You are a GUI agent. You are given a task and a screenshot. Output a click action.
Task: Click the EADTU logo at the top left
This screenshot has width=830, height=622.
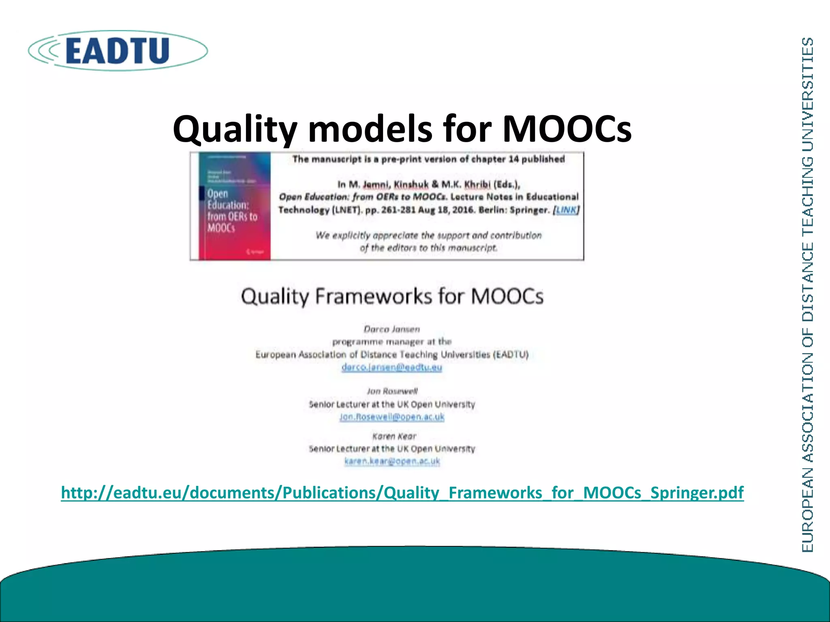pyautogui.click(x=118, y=51)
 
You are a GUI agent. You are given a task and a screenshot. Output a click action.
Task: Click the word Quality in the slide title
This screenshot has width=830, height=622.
pyautogui.click(x=235, y=129)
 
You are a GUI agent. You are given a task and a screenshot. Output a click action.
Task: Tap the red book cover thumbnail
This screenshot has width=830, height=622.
pyautogui.click(x=235, y=206)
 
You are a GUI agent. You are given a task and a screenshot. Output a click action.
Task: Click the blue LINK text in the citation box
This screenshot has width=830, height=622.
pyautogui.click(x=567, y=210)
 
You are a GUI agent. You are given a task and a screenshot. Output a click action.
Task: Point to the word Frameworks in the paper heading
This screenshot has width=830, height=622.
pyautogui.click(x=373, y=296)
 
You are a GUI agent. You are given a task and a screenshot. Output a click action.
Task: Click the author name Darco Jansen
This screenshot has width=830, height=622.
pyautogui.click(x=391, y=329)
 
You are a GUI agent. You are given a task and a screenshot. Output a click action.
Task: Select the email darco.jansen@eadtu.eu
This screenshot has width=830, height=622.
pyautogui.click(x=391, y=367)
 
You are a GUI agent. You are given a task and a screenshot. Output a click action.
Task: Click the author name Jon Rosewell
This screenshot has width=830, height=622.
pyautogui.click(x=392, y=391)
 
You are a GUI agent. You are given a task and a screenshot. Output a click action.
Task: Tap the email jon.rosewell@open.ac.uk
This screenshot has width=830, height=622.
pyautogui.click(x=392, y=417)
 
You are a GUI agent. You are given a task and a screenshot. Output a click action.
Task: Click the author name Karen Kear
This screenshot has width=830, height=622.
pyautogui.click(x=394, y=436)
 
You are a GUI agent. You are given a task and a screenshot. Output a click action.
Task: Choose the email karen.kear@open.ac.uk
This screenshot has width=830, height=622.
pyautogui.click(x=392, y=461)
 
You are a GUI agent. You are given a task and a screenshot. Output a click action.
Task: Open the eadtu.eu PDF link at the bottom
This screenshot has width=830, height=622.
pyautogui.click(x=402, y=492)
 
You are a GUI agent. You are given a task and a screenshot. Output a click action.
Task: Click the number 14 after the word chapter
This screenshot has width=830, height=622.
pyautogui.click(x=513, y=159)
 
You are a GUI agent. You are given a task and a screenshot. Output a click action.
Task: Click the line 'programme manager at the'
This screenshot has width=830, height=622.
pyautogui.click(x=391, y=342)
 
